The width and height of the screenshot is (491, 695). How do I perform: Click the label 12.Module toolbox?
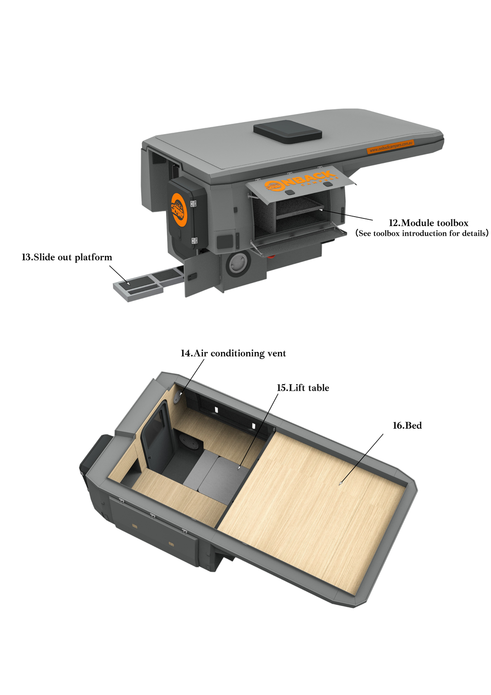click(x=429, y=223)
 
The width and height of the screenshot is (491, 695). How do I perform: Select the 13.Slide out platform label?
click(x=67, y=257)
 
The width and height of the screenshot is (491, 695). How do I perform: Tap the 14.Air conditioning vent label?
click(x=233, y=353)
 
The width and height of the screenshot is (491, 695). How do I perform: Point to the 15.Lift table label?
click(x=303, y=388)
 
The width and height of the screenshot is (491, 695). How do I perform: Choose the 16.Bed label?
click(x=407, y=425)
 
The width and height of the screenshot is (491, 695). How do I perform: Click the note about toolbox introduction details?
click(x=422, y=233)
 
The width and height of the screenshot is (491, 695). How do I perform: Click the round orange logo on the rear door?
click(x=179, y=210)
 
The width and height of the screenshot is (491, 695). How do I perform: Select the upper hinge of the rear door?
click(x=193, y=204)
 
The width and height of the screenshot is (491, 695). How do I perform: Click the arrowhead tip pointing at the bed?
click(x=339, y=485)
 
